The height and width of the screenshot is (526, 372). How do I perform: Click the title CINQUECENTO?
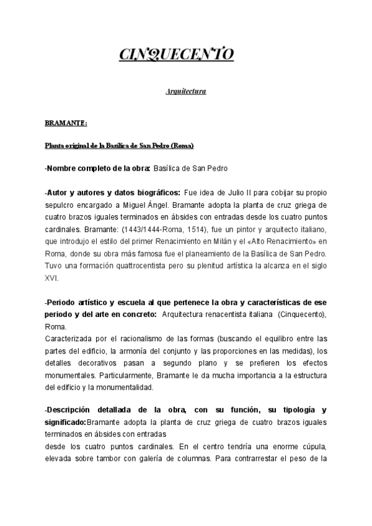tap(176, 55)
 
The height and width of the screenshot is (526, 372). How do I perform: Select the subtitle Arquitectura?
tap(186, 92)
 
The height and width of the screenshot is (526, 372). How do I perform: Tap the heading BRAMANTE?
tap(66, 123)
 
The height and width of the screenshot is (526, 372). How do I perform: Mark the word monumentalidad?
tap(120, 388)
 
